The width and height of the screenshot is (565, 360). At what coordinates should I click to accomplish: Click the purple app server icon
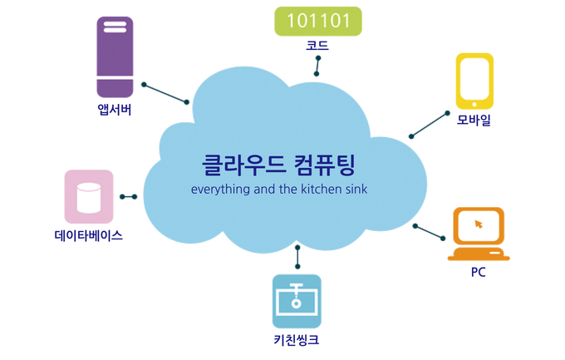(x=115, y=57)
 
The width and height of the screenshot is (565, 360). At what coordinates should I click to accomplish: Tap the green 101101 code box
(x=318, y=22)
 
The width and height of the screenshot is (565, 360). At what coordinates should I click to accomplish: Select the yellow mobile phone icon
(x=474, y=81)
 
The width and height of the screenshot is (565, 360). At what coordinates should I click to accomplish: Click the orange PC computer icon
(x=479, y=234)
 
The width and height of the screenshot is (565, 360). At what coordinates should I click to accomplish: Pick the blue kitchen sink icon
(x=297, y=301)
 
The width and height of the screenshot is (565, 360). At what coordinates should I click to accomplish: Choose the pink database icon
(x=89, y=196)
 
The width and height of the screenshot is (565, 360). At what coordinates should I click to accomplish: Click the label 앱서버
(x=115, y=110)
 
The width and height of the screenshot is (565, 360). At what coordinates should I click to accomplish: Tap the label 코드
(x=317, y=46)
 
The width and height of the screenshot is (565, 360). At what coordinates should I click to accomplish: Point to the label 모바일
(x=474, y=120)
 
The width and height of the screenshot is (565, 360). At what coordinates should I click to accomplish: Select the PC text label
(x=478, y=272)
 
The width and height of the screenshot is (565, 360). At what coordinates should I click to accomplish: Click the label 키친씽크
(x=297, y=340)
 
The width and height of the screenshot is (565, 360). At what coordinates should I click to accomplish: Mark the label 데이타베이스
(x=89, y=235)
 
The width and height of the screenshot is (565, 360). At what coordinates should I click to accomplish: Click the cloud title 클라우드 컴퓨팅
(x=279, y=165)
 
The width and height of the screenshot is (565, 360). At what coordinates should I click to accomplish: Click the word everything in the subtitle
(x=220, y=190)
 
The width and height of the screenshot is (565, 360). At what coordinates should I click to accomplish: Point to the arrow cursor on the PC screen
(x=479, y=224)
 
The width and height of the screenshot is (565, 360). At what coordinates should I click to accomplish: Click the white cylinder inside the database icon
(x=89, y=198)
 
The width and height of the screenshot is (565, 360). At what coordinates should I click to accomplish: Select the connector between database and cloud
(x=129, y=196)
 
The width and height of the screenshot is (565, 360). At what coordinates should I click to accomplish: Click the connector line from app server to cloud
(x=165, y=93)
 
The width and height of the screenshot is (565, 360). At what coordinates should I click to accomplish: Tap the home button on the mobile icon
(x=474, y=105)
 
